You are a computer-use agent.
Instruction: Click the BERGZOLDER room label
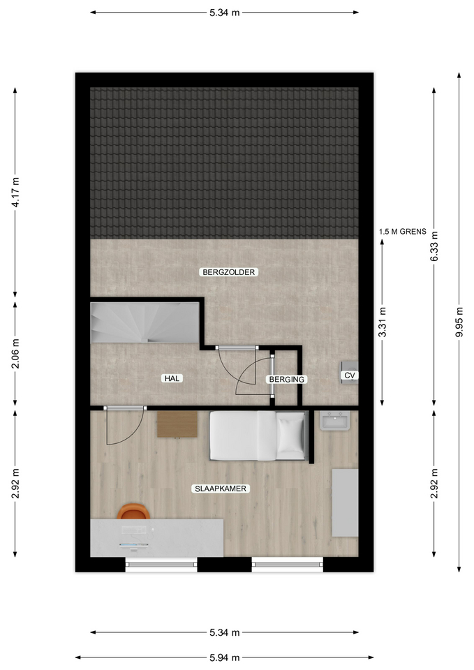[229, 272]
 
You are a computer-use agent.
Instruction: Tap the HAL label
[172, 378]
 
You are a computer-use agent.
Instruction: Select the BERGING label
[287, 380]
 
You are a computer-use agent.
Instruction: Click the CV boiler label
[350, 375]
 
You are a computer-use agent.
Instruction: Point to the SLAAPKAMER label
[221, 489]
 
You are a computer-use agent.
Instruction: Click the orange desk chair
[133, 512]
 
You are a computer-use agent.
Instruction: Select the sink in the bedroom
[334, 420]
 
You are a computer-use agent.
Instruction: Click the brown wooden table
[177, 424]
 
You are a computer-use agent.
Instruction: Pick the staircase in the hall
[145, 322]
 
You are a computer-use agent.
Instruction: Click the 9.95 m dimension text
[459, 322]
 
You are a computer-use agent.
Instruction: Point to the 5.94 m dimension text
[225, 658]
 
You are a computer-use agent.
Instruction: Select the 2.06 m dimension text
[15, 354]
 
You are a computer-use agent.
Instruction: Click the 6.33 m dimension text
[434, 246]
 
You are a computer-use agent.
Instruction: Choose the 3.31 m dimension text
[383, 322]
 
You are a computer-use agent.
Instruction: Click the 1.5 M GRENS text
[403, 232]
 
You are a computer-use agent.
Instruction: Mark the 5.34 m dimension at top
[224, 13]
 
